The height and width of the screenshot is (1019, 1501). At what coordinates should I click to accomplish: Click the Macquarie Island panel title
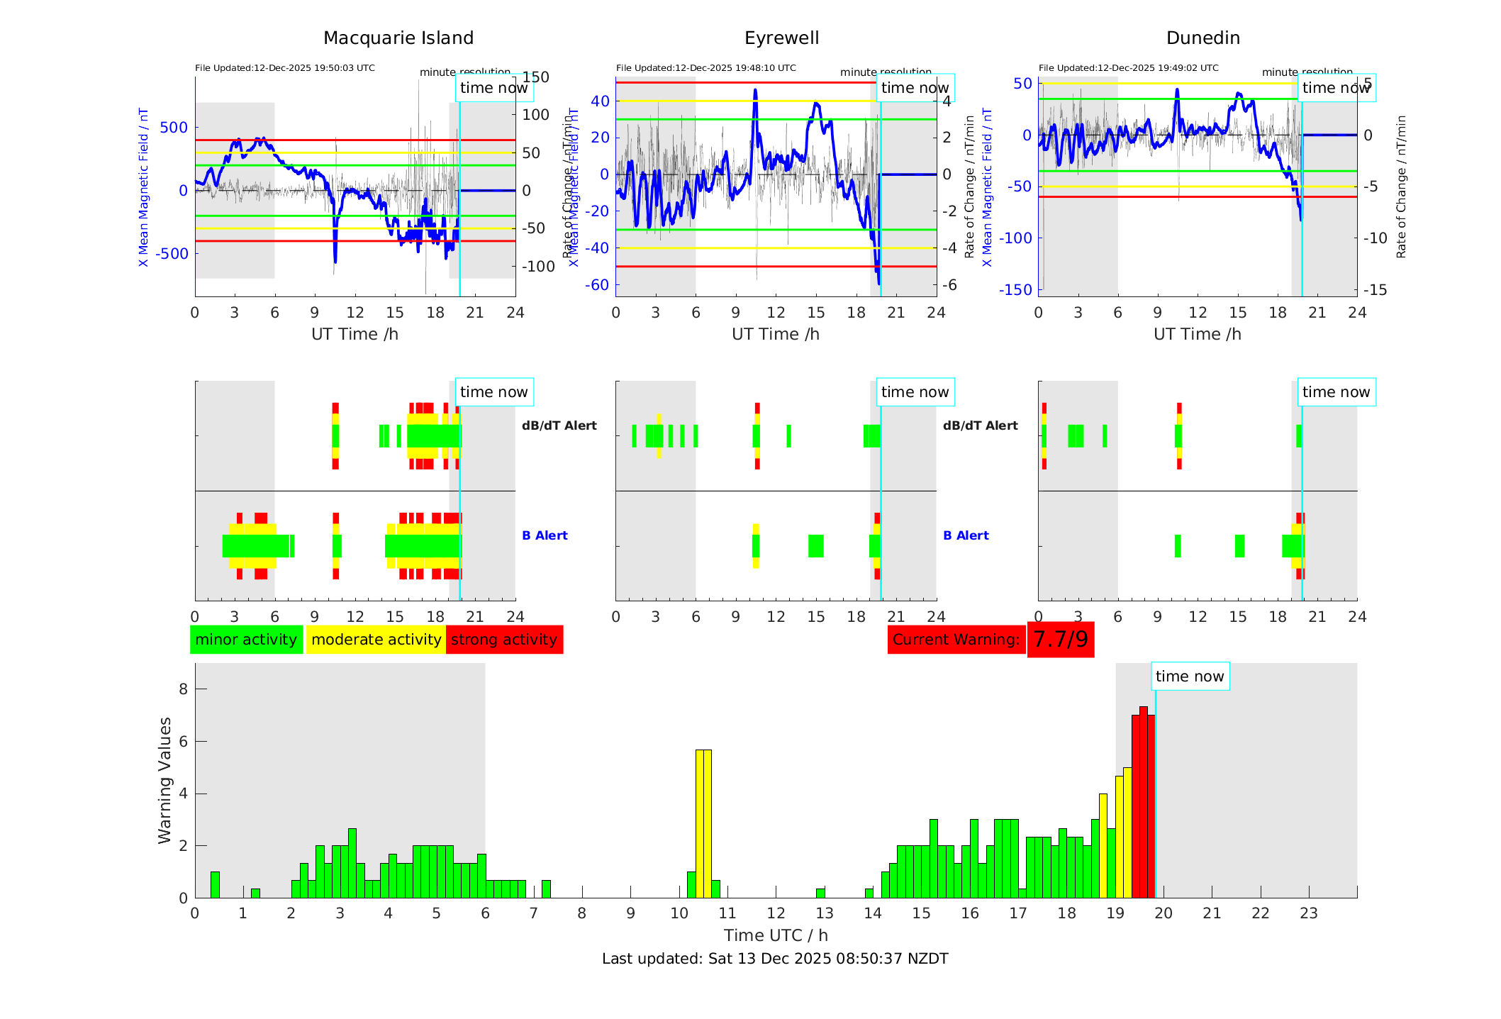pyautogui.click(x=398, y=38)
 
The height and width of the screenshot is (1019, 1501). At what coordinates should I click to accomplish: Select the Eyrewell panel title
pyautogui.click(x=781, y=38)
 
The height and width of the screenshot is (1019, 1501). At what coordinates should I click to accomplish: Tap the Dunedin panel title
pyautogui.click(x=1203, y=38)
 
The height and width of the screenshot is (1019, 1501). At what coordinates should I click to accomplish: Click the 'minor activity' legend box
pyautogui.click(x=246, y=640)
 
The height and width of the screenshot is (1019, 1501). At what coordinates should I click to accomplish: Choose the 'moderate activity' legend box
pyautogui.click(x=376, y=640)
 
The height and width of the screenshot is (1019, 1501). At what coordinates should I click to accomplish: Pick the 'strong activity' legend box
pyautogui.click(x=504, y=640)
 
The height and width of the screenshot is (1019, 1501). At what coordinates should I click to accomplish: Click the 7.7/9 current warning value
pyautogui.click(x=1060, y=640)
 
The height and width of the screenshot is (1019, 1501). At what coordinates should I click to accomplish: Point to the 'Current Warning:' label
pyautogui.click(x=956, y=640)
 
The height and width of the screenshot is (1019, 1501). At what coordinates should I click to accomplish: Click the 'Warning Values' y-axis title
pyautogui.click(x=165, y=780)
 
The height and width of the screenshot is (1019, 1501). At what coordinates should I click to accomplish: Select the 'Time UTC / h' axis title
pyautogui.click(x=776, y=935)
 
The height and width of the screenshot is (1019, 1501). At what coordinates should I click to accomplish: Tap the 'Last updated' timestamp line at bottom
pyautogui.click(x=775, y=959)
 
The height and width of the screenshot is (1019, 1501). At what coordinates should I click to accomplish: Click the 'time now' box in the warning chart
pyautogui.click(x=1190, y=676)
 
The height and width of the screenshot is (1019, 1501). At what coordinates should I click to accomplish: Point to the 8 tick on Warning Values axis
pyautogui.click(x=184, y=689)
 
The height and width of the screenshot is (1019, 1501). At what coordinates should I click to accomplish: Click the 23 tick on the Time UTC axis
pyautogui.click(x=1309, y=913)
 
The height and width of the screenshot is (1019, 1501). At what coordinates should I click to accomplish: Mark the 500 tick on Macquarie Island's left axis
pyautogui.click(x=174, y=128)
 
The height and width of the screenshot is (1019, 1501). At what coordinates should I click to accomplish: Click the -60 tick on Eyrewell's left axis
pyautogui.click(x=597, y=285)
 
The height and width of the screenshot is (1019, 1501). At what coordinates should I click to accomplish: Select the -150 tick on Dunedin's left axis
pyautogui.click(x=1015, y=289)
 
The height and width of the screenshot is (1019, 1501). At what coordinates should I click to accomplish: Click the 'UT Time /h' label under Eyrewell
pyautogui.click(x=776, y=334)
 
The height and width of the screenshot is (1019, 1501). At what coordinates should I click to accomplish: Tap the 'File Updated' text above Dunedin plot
pyautogui.click(x=1128, y=68)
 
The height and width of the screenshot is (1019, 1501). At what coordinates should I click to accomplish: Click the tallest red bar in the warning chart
pyautogui.click(x=1143, y=801)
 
